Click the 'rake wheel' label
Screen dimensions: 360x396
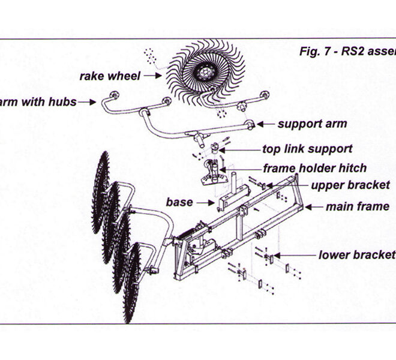(110, 76)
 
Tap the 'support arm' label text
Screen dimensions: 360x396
(311, 125)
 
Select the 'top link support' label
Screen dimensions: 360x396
(307, 149)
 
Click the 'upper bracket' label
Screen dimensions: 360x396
(350, 185)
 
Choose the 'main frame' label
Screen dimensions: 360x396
(357, 207)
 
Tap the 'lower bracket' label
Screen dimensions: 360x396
(357, 255)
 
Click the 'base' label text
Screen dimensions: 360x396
(179, 202)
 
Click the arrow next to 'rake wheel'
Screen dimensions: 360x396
(152, 76)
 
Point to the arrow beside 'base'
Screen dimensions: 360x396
(206, 202)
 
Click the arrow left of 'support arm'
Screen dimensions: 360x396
(265, 125)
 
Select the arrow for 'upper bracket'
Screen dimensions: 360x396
(299, 185)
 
